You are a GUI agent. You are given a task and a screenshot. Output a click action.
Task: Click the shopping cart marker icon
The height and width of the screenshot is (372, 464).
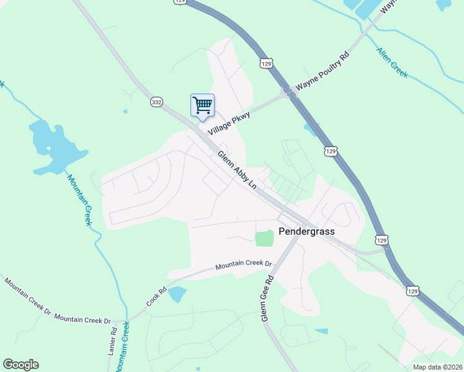pyautogui.click(x=202, y=105)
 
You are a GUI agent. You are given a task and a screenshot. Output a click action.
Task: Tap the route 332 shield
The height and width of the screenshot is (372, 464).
pyautogui.click(x=156, y=102)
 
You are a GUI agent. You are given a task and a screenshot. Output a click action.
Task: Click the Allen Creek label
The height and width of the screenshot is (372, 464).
pyautogui.click(x=392, y=62)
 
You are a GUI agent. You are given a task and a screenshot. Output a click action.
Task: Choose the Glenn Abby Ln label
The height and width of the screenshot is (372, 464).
pyautogui.click(x=236, y=169)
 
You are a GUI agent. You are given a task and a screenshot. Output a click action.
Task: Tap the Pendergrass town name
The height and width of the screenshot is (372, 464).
pyautogui.click(x=306, y=231)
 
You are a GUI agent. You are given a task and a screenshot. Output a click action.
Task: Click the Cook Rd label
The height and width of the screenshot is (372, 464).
pyautogui.click(x=157, y=296)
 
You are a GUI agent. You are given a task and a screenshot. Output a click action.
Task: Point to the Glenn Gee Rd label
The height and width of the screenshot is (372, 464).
pyautogui.click(x=267, y=299)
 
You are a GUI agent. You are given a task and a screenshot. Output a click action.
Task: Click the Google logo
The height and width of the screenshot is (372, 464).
pyautogui.click(x=20, y=365)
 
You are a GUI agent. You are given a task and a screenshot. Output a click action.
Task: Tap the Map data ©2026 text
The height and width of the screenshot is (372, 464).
pyautogui.click(x=437, y=367)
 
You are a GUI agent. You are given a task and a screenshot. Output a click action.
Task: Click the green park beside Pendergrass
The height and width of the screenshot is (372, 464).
pyautogui.click(x=264, y=238)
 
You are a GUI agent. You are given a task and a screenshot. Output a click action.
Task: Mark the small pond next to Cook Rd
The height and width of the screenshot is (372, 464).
pyautogui.click(x=177, y=293)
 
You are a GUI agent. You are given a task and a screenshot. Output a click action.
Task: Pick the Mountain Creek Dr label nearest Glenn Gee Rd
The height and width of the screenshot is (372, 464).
pyautogui.click(x=244, y=265)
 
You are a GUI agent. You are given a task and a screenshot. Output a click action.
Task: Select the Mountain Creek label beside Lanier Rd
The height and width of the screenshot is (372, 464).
pyautogui.click(x=126, y=342)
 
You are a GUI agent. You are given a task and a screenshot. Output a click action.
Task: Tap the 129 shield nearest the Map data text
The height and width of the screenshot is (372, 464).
pyautogui.click(x=413, y=290)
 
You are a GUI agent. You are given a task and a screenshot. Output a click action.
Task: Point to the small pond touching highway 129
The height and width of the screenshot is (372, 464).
pyautogui.click(x=309, y=129)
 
